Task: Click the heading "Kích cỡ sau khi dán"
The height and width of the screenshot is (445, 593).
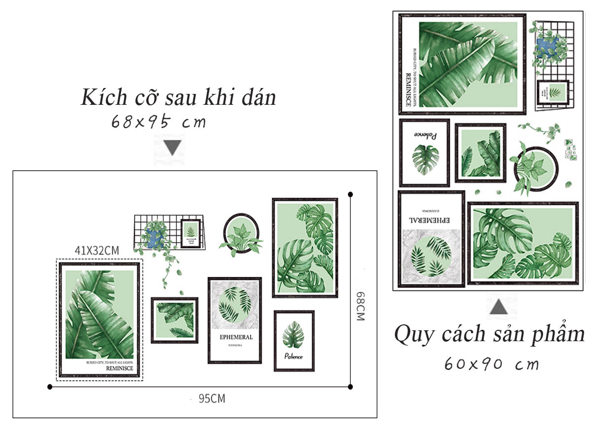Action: [178, 98]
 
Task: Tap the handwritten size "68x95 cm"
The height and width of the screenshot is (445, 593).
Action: [158, 122]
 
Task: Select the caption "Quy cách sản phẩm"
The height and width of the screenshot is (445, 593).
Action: [489, 334]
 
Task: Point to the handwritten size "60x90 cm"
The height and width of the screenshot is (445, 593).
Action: [491, 364]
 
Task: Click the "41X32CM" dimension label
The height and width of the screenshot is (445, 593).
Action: [97, 251]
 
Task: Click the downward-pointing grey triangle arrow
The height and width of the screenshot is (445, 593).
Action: [172, 148]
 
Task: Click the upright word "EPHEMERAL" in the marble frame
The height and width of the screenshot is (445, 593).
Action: [236, 337]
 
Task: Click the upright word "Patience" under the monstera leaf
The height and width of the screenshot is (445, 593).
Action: [294, 356]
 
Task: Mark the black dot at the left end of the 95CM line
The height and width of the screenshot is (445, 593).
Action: [49, 387]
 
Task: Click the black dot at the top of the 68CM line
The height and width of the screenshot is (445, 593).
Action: [350, 194]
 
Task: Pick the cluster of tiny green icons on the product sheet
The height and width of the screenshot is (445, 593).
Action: [571, 150]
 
